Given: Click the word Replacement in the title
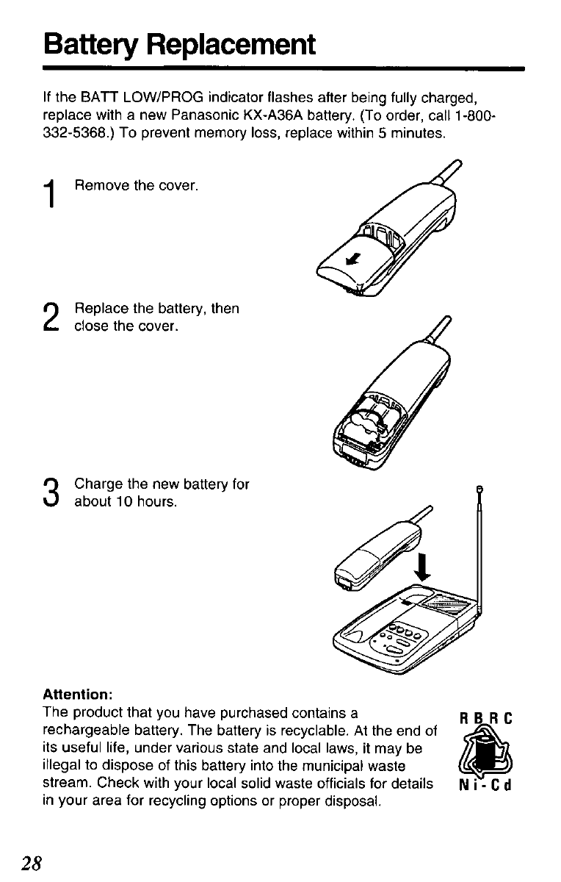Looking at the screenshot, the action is (x=231, y=46).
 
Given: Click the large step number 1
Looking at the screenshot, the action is (x=50, y=193).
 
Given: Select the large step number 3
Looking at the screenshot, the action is (x=51, y=492).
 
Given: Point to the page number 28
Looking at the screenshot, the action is (x=32, y=864).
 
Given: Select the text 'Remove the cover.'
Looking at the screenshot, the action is (x=136, y=185).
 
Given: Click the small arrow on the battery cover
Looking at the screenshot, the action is (x=353, y=259).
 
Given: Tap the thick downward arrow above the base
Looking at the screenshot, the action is (x=423, y=567).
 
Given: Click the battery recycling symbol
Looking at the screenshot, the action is (x=486, y=753).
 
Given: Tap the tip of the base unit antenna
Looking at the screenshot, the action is (x=479, y=489).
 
